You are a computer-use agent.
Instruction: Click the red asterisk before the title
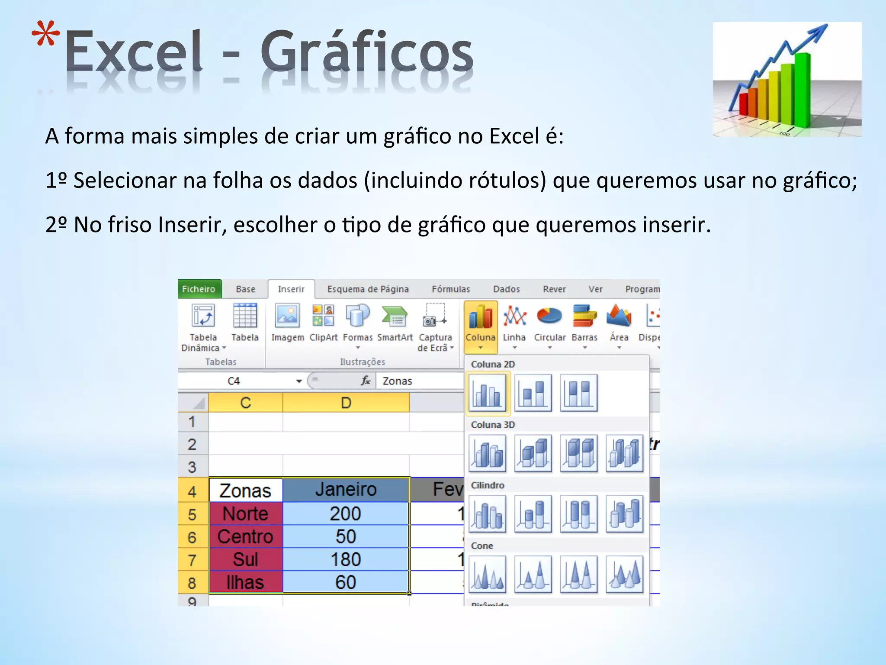(46, 35)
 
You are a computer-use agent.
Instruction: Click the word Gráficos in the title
(366, 52)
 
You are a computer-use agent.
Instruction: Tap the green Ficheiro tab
(199, 289)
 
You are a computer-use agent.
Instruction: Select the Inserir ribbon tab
(291, 289)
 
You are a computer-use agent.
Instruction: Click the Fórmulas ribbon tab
(450, 289)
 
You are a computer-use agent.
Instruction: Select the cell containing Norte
(245, 514)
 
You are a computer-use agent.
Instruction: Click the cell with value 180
(345, 559)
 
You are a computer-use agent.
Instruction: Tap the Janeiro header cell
(345, 490)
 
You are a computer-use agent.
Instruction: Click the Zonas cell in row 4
(245, 491)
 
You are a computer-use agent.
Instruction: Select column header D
(345, 403)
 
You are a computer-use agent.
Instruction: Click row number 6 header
(193, 537)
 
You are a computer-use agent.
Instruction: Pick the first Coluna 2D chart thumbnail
(488, 393)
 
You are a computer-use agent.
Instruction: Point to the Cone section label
(482, 546)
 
